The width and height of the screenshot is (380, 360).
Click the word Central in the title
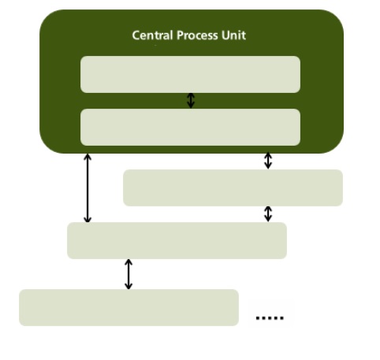[x=152, y=35]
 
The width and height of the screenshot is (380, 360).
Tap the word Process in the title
[x=197, y=35]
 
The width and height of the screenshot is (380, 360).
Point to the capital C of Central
[x=136, y=35]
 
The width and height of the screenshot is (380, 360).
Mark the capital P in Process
[x=180, y=35]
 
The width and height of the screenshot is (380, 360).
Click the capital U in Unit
[x=225, y=35]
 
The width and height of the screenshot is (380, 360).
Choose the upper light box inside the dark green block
[x=190, y=74]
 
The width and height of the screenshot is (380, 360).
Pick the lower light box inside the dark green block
[x=190, y=127]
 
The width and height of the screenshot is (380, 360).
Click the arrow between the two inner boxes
[x=191, y=101]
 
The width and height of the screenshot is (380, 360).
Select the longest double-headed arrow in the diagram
[x=88, y=188]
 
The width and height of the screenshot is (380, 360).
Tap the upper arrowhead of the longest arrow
[x=88, y=157]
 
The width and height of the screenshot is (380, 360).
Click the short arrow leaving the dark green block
[x=268, y=161]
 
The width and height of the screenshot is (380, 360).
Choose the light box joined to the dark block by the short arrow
[x=233, y=187]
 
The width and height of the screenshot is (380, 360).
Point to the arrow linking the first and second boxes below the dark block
[x=268, y=214]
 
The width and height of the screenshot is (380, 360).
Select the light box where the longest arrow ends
[x=177, y=240]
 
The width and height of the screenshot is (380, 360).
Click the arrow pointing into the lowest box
[x=129, y=274]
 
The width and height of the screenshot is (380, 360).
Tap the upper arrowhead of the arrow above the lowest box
[x=129, y=262]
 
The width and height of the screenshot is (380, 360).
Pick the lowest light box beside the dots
[x=129, y=307]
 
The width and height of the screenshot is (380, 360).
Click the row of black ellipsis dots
[x=270, y=318]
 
